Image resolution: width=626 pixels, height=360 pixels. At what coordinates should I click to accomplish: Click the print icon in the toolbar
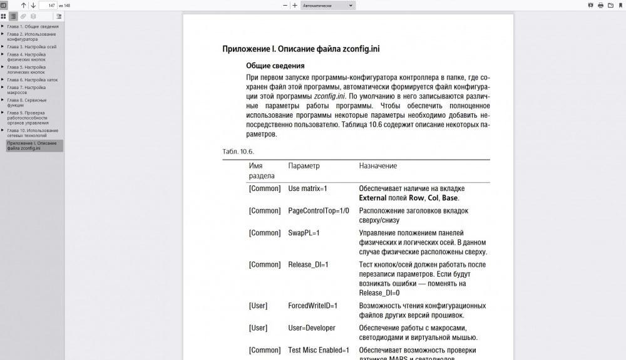point(601,5)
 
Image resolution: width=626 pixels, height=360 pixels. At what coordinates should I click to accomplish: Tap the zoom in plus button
point(295,5)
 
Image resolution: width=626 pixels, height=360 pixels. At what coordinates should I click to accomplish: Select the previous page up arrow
point(24,5)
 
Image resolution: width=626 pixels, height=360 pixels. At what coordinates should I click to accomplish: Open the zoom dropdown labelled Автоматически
point(327,5)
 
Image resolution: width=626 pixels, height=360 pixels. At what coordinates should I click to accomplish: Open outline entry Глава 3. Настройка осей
point(32,46)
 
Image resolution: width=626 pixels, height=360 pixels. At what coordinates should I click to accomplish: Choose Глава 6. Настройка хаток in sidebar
point(33,80)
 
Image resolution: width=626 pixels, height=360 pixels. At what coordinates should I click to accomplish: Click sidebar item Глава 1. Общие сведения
point(33,26)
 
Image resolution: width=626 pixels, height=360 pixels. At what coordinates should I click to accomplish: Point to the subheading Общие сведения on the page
point(275,66)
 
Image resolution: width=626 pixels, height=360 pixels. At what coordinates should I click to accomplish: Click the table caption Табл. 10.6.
point(238,152)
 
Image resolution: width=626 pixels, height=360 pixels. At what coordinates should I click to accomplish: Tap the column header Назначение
point(377,166)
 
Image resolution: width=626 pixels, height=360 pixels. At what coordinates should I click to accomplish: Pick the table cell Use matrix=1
point(307,188)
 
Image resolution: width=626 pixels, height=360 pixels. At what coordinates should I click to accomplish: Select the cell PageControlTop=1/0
point(318,210)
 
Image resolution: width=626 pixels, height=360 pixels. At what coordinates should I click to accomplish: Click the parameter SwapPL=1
point(304,233)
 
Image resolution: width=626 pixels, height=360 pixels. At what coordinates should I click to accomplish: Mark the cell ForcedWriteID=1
point(312,306)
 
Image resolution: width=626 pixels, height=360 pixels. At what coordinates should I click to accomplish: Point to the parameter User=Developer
point(312,328)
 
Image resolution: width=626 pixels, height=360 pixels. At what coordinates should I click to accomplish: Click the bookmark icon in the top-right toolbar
point(620,5)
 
